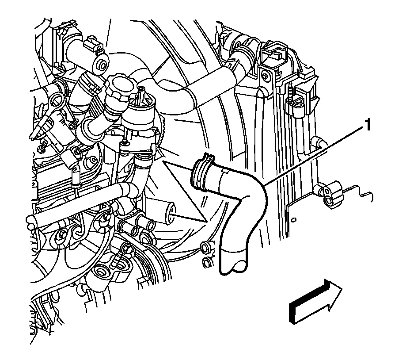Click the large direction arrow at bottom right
[315, 301]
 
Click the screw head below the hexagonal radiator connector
[266, 76]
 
